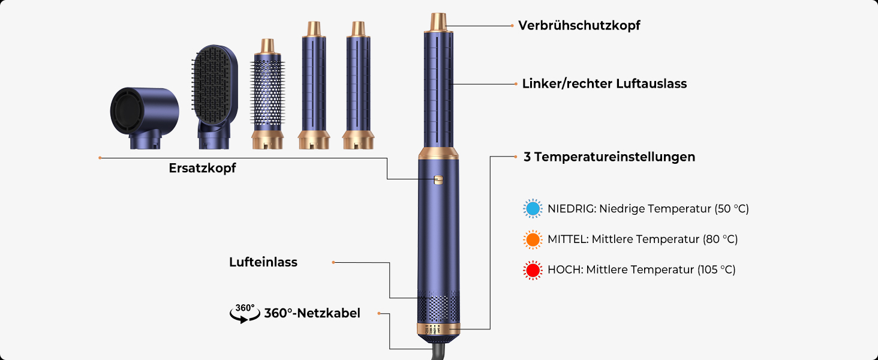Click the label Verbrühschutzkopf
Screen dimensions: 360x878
click(579, 26)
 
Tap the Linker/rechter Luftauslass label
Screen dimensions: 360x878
click(604, 84)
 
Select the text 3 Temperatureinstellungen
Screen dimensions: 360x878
click(609, 157)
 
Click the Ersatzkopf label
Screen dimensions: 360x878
click(202, 169)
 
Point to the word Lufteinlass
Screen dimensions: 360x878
click(263, 262)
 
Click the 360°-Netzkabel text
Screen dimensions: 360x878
click(312, 313)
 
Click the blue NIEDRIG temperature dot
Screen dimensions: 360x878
click(532, 209)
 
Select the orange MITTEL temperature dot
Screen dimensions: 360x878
click(532, 239)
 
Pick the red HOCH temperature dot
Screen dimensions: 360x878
click(532, 270)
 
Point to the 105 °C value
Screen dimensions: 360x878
click(717, 270)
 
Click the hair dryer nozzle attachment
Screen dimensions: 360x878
click(144, 118)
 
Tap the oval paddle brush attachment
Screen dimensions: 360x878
click(214, 90)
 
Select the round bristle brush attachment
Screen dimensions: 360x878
click(267, 96)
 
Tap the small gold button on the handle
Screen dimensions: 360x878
click(438, 179)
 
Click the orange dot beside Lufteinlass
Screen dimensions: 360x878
click(333, 262)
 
